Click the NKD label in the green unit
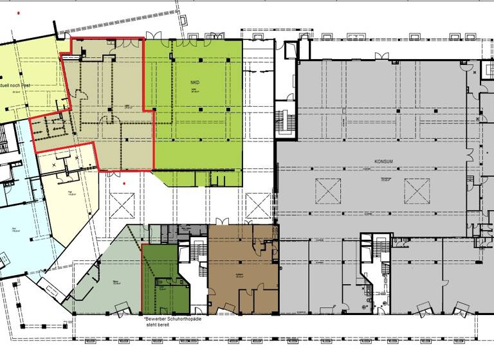194,83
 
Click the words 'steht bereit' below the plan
161,326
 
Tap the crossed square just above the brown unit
258,205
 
